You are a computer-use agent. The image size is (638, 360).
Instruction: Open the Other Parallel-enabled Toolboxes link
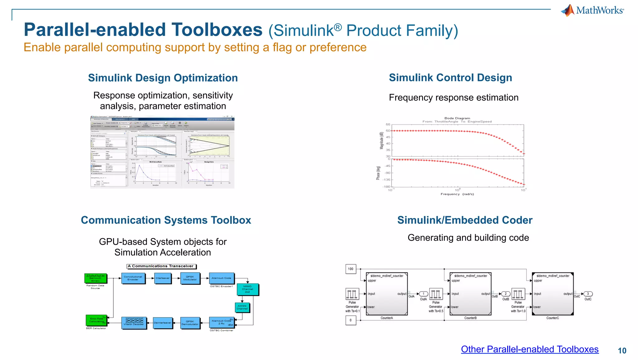tap(530, 349)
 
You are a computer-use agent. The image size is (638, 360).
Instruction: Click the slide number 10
tap(622, 351)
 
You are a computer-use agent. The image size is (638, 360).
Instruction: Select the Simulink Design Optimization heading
tap(163, 78)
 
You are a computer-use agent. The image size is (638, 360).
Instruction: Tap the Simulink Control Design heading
tap(450, 78)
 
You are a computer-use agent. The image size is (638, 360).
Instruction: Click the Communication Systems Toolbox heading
tap(166, 220)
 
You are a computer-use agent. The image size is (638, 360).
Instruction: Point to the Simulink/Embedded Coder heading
tap(464, 220)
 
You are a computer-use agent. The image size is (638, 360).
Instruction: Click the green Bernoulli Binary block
tap(96, 278)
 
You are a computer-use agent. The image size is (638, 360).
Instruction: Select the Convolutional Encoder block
tap(133, 278)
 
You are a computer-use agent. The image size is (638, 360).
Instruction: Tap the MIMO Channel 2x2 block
tap(247, 289)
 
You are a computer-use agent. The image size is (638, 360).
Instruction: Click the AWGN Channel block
tap(242, 307)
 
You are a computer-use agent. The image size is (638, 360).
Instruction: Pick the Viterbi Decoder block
tap(134, 323)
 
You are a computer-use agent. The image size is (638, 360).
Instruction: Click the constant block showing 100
tap(350, 269)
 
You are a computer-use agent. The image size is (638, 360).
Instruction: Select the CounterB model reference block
tap(470, 294)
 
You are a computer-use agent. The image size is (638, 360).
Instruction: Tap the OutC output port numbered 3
tap(588, 294)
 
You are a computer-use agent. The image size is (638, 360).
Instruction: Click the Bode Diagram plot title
tap(457, 118)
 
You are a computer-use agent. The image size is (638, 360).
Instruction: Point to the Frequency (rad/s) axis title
tap(457, 194)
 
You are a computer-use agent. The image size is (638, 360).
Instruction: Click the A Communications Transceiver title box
tap(161, 266)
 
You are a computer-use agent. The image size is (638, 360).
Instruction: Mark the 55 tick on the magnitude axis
tap(388, 124)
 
